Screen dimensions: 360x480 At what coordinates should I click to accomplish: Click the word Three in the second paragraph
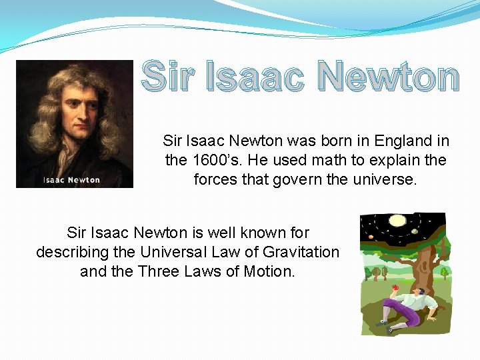(159, 271)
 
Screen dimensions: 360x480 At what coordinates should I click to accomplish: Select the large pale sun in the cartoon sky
(398, 221)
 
